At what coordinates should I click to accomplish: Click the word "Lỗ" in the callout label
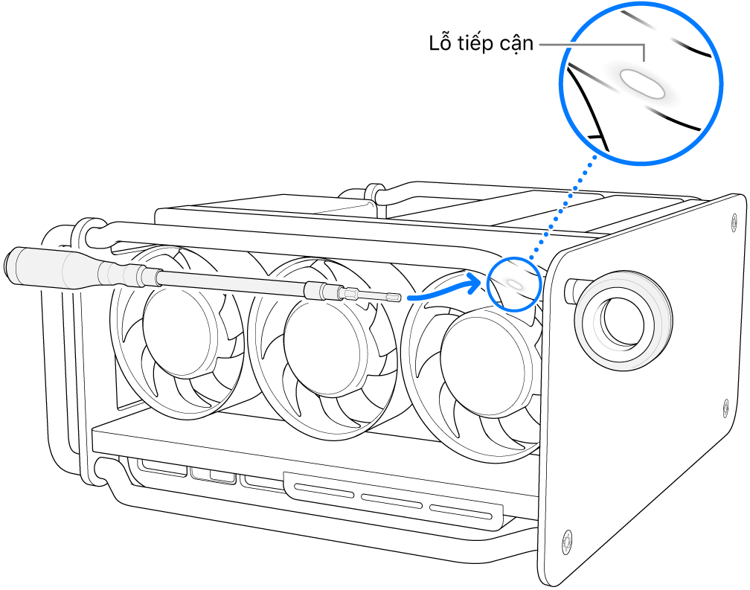440,44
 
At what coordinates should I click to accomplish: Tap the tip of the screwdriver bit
401,298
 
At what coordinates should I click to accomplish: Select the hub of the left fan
178,324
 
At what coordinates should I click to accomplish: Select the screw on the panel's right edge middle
726,406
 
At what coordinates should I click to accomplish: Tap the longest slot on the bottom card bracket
324,490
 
